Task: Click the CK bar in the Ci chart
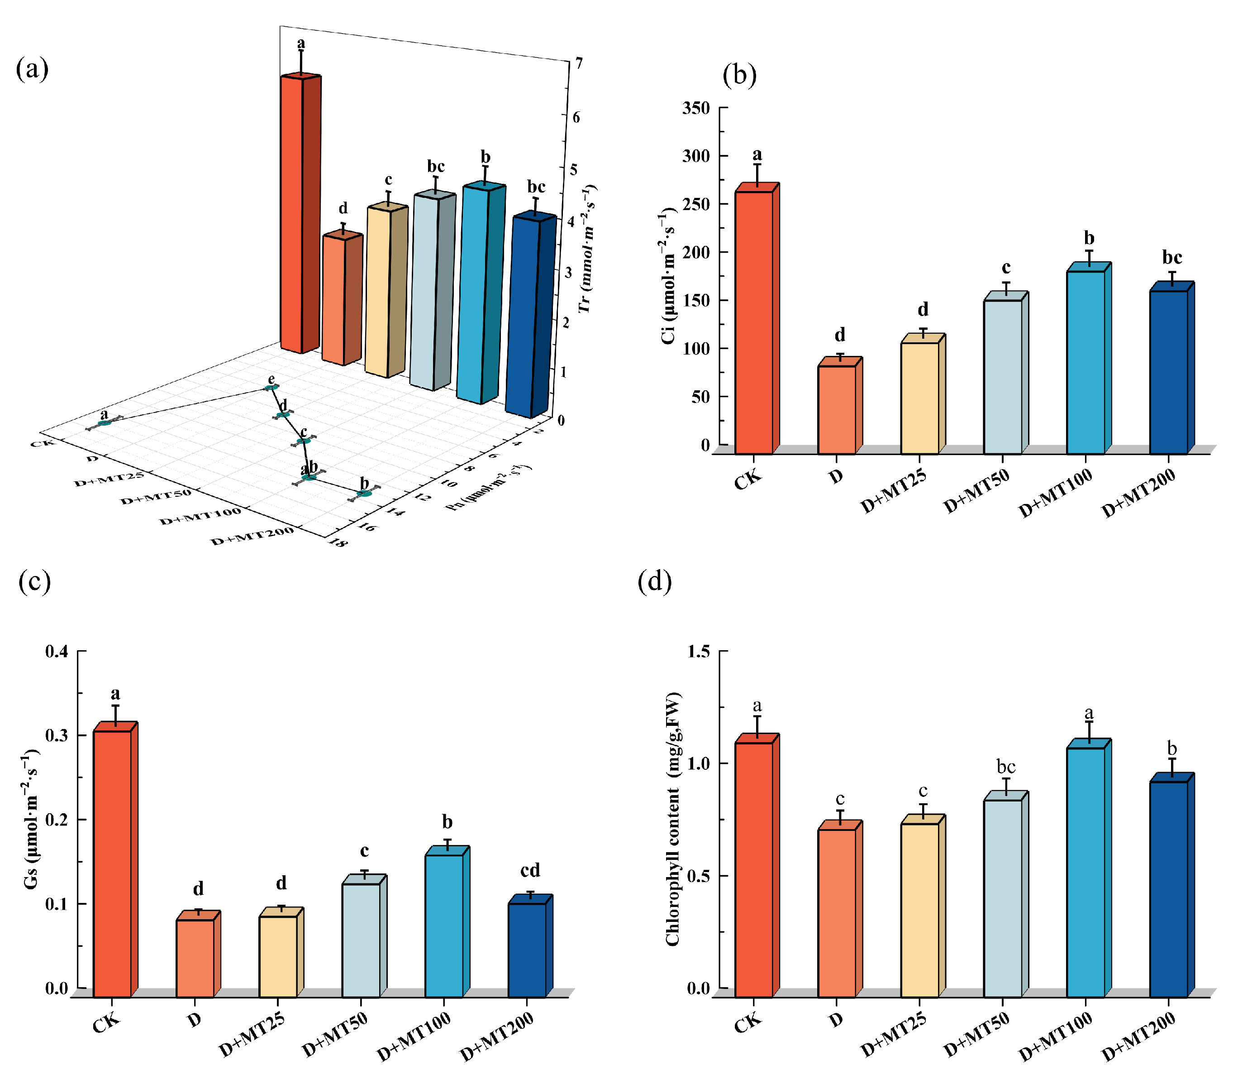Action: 754,321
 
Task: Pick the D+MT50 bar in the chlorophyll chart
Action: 1002,897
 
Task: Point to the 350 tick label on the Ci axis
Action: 696,109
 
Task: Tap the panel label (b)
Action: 739,75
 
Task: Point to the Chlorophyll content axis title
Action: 673,818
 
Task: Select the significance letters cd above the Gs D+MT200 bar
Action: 530,871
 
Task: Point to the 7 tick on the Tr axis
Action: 579,63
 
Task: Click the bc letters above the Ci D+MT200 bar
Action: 1172,258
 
